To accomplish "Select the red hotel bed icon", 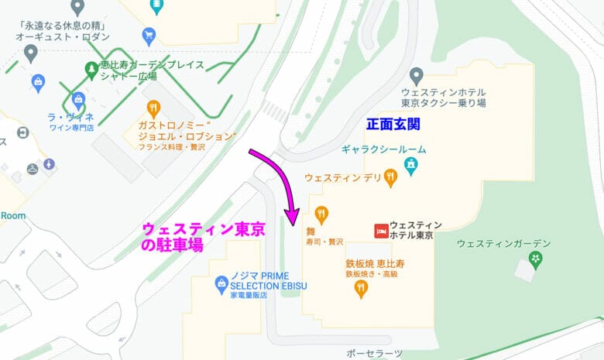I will (380, 230).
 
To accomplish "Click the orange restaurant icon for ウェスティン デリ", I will (392, 178).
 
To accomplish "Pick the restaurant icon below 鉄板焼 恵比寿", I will (361, 290).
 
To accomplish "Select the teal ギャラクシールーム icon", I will (410, 164).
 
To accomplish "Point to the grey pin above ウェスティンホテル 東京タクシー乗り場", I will (417, 76).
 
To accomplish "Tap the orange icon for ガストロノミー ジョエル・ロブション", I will (153, 109).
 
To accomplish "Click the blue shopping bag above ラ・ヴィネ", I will (77, 100).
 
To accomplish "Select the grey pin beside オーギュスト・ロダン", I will (31, 53).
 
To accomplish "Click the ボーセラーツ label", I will (375, 353).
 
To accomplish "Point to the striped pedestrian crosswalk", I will (273, 111).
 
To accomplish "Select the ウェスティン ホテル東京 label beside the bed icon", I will (411, 230).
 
